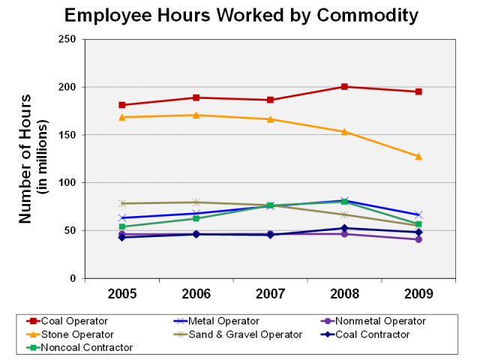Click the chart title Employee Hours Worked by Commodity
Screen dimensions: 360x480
(241, 15)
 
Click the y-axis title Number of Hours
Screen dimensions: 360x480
(27, 158)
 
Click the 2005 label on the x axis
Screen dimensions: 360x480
(121, 293)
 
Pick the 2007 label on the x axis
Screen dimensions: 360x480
(270, 293)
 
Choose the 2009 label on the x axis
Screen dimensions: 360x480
(418, 293)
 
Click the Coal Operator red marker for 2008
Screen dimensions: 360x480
(344, 87)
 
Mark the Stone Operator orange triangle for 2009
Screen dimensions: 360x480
(418, 156)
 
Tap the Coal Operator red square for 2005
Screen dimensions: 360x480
(121, 105)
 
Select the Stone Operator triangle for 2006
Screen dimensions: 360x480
(196, 115)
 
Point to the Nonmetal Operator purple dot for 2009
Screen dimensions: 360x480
(418, 239)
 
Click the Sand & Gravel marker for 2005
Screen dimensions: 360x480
(121, 203)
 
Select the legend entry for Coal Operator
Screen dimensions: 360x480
(73, 321)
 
